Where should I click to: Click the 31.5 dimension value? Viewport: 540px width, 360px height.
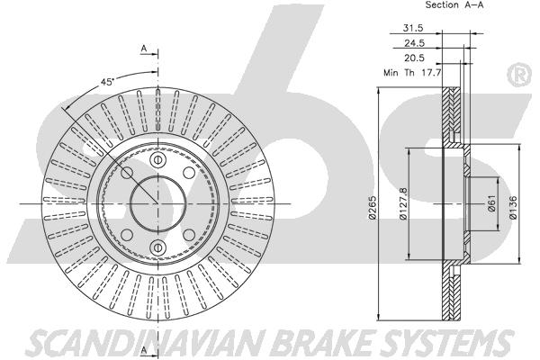pyautogui.click(x=413, y=28)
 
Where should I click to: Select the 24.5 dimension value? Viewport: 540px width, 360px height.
pyautogui.click(x=414, y=43)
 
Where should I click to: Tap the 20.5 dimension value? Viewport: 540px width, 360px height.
pyautogui.click(x=414, y=58)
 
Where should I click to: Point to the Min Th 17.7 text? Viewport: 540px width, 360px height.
pyautogui.click(x=412, y=73)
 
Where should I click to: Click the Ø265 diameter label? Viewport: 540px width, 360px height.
pyautogui.click(x=373, y=207)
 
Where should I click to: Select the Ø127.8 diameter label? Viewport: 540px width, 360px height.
pyautogui.click(x=403, y=203)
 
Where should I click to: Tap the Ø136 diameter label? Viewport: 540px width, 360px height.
pyautogui.click(x=513, y=207)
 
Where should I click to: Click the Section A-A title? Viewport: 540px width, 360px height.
pyautogui.click(x=454, y=4)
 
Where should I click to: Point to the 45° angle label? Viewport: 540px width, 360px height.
pyautogui.click(x=107, y=82)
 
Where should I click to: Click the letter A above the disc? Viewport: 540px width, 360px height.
pyautogui.click(x=144, y=49)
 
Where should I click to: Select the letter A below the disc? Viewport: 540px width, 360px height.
pyautogui.click(x=144, y=350)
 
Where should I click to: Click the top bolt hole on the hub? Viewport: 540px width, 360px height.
pyautogui.click(x=158, y=160)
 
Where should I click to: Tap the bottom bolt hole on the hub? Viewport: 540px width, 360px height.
pyautogui.click(x=158, y=247)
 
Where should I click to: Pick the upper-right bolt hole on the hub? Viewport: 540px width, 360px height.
pyautogui.click(x=189, y=173)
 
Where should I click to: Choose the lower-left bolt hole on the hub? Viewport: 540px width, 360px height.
pyautogui.click(x=127, y=235)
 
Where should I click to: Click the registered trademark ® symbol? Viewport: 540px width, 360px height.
pyautogui.click(x=520, y=76)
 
